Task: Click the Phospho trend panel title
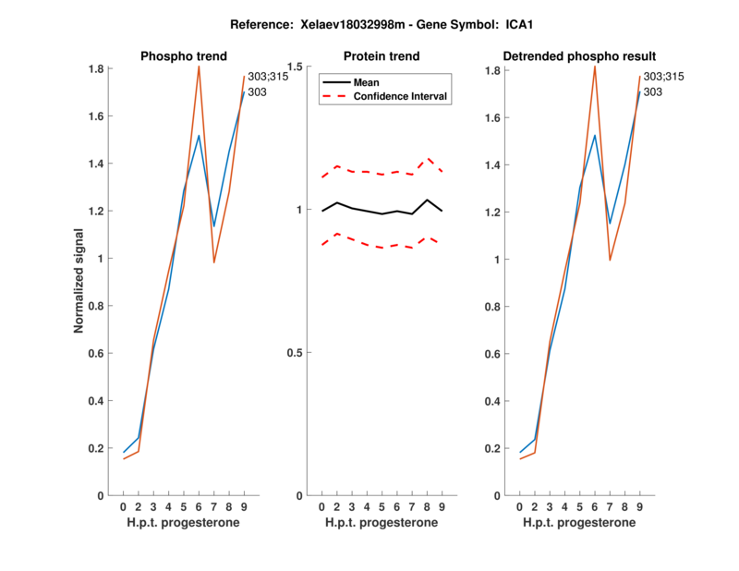[183, 56]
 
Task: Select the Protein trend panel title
[382, 56]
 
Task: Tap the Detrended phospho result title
[579, 56]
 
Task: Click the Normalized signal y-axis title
[81, 282]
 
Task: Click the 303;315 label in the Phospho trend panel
[268, 77]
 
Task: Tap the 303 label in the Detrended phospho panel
[652, 92]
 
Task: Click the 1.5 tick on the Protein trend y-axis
[296, 67]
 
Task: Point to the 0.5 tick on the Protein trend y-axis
[296, 353]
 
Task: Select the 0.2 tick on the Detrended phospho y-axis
[493, 448]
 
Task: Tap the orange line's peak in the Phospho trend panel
[199, 66]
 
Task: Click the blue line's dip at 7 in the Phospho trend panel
[213, 226]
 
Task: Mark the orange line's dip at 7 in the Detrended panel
[610, 260]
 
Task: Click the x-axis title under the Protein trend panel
[382, 523]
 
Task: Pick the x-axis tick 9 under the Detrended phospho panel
[639, 507]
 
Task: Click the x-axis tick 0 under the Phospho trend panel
[123, 507]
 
